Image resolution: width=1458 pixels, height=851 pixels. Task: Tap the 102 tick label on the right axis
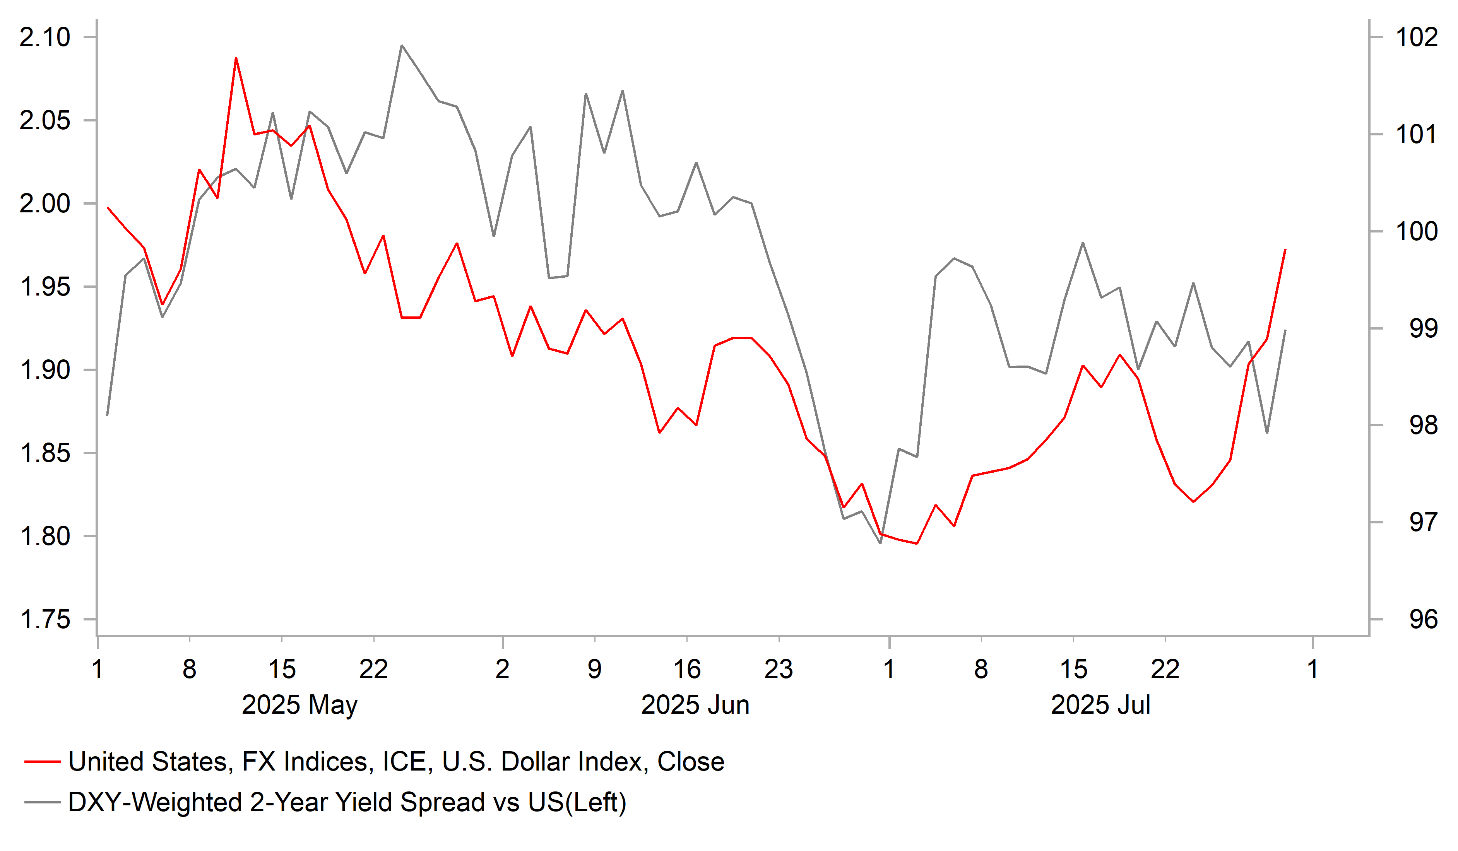(x=1416, y=38)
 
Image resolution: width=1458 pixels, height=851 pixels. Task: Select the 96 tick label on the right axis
(x=1423, y=620)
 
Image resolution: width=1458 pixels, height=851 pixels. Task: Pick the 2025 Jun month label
(x=695, y=705)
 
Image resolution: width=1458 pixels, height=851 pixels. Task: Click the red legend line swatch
(x=42, y=762)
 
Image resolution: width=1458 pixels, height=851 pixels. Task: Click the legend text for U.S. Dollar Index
(x=396, y=762)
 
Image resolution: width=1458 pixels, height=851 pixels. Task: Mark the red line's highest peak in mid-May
(x=236, y=58)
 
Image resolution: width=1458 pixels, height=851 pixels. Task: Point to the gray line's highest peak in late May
(x=402, y=45)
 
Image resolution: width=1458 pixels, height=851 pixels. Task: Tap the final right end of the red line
(x=1285, y=250)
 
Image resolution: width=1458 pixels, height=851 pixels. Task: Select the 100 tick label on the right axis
(x=1416, y=231)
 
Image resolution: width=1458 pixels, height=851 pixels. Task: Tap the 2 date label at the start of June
(x=502, y=669)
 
